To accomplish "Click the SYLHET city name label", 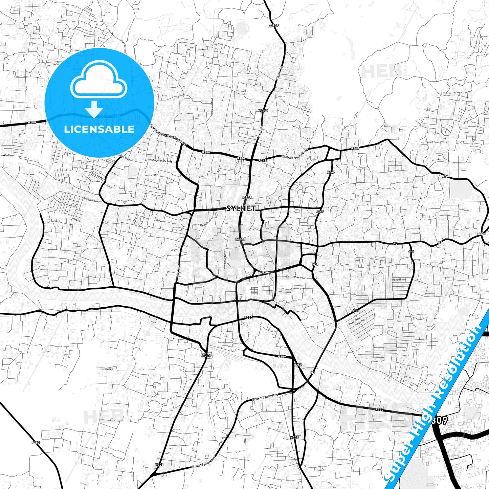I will tap(241, 208).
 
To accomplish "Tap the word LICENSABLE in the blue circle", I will tap(99, 129).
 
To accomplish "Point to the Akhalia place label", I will tap(6, 155).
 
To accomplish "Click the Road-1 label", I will tap(77, 220).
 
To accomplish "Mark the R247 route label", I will tap(331, 172).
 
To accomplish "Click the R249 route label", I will tap(320, 211).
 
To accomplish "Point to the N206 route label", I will tap(266, 272).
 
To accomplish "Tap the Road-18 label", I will tap(397, 280).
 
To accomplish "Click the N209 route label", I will tap(282, 357).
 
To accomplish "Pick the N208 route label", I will tap(294, 437).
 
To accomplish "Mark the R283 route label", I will tap(36, 442).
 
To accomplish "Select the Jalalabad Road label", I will tap(212, 107).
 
